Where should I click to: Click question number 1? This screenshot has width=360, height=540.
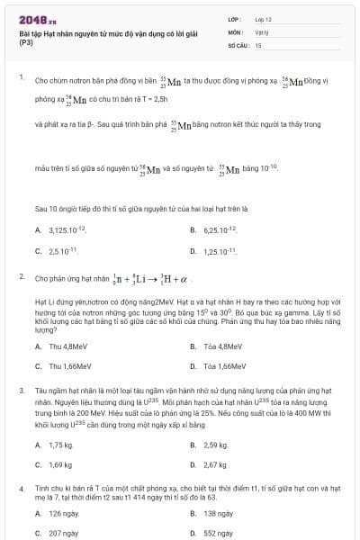pos(21,77)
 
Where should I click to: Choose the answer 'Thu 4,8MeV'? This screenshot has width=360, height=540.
pos(68,346)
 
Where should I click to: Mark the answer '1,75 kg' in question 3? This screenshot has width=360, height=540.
pos(60,445)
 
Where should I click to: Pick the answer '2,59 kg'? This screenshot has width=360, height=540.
pos(216,445)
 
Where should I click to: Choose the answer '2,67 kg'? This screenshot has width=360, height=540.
pos(216,464)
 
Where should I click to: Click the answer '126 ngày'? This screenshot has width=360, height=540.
pos(65,513)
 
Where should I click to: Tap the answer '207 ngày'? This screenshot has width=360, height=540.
pos(65,533)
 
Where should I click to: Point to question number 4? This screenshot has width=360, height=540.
pos(21,487)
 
